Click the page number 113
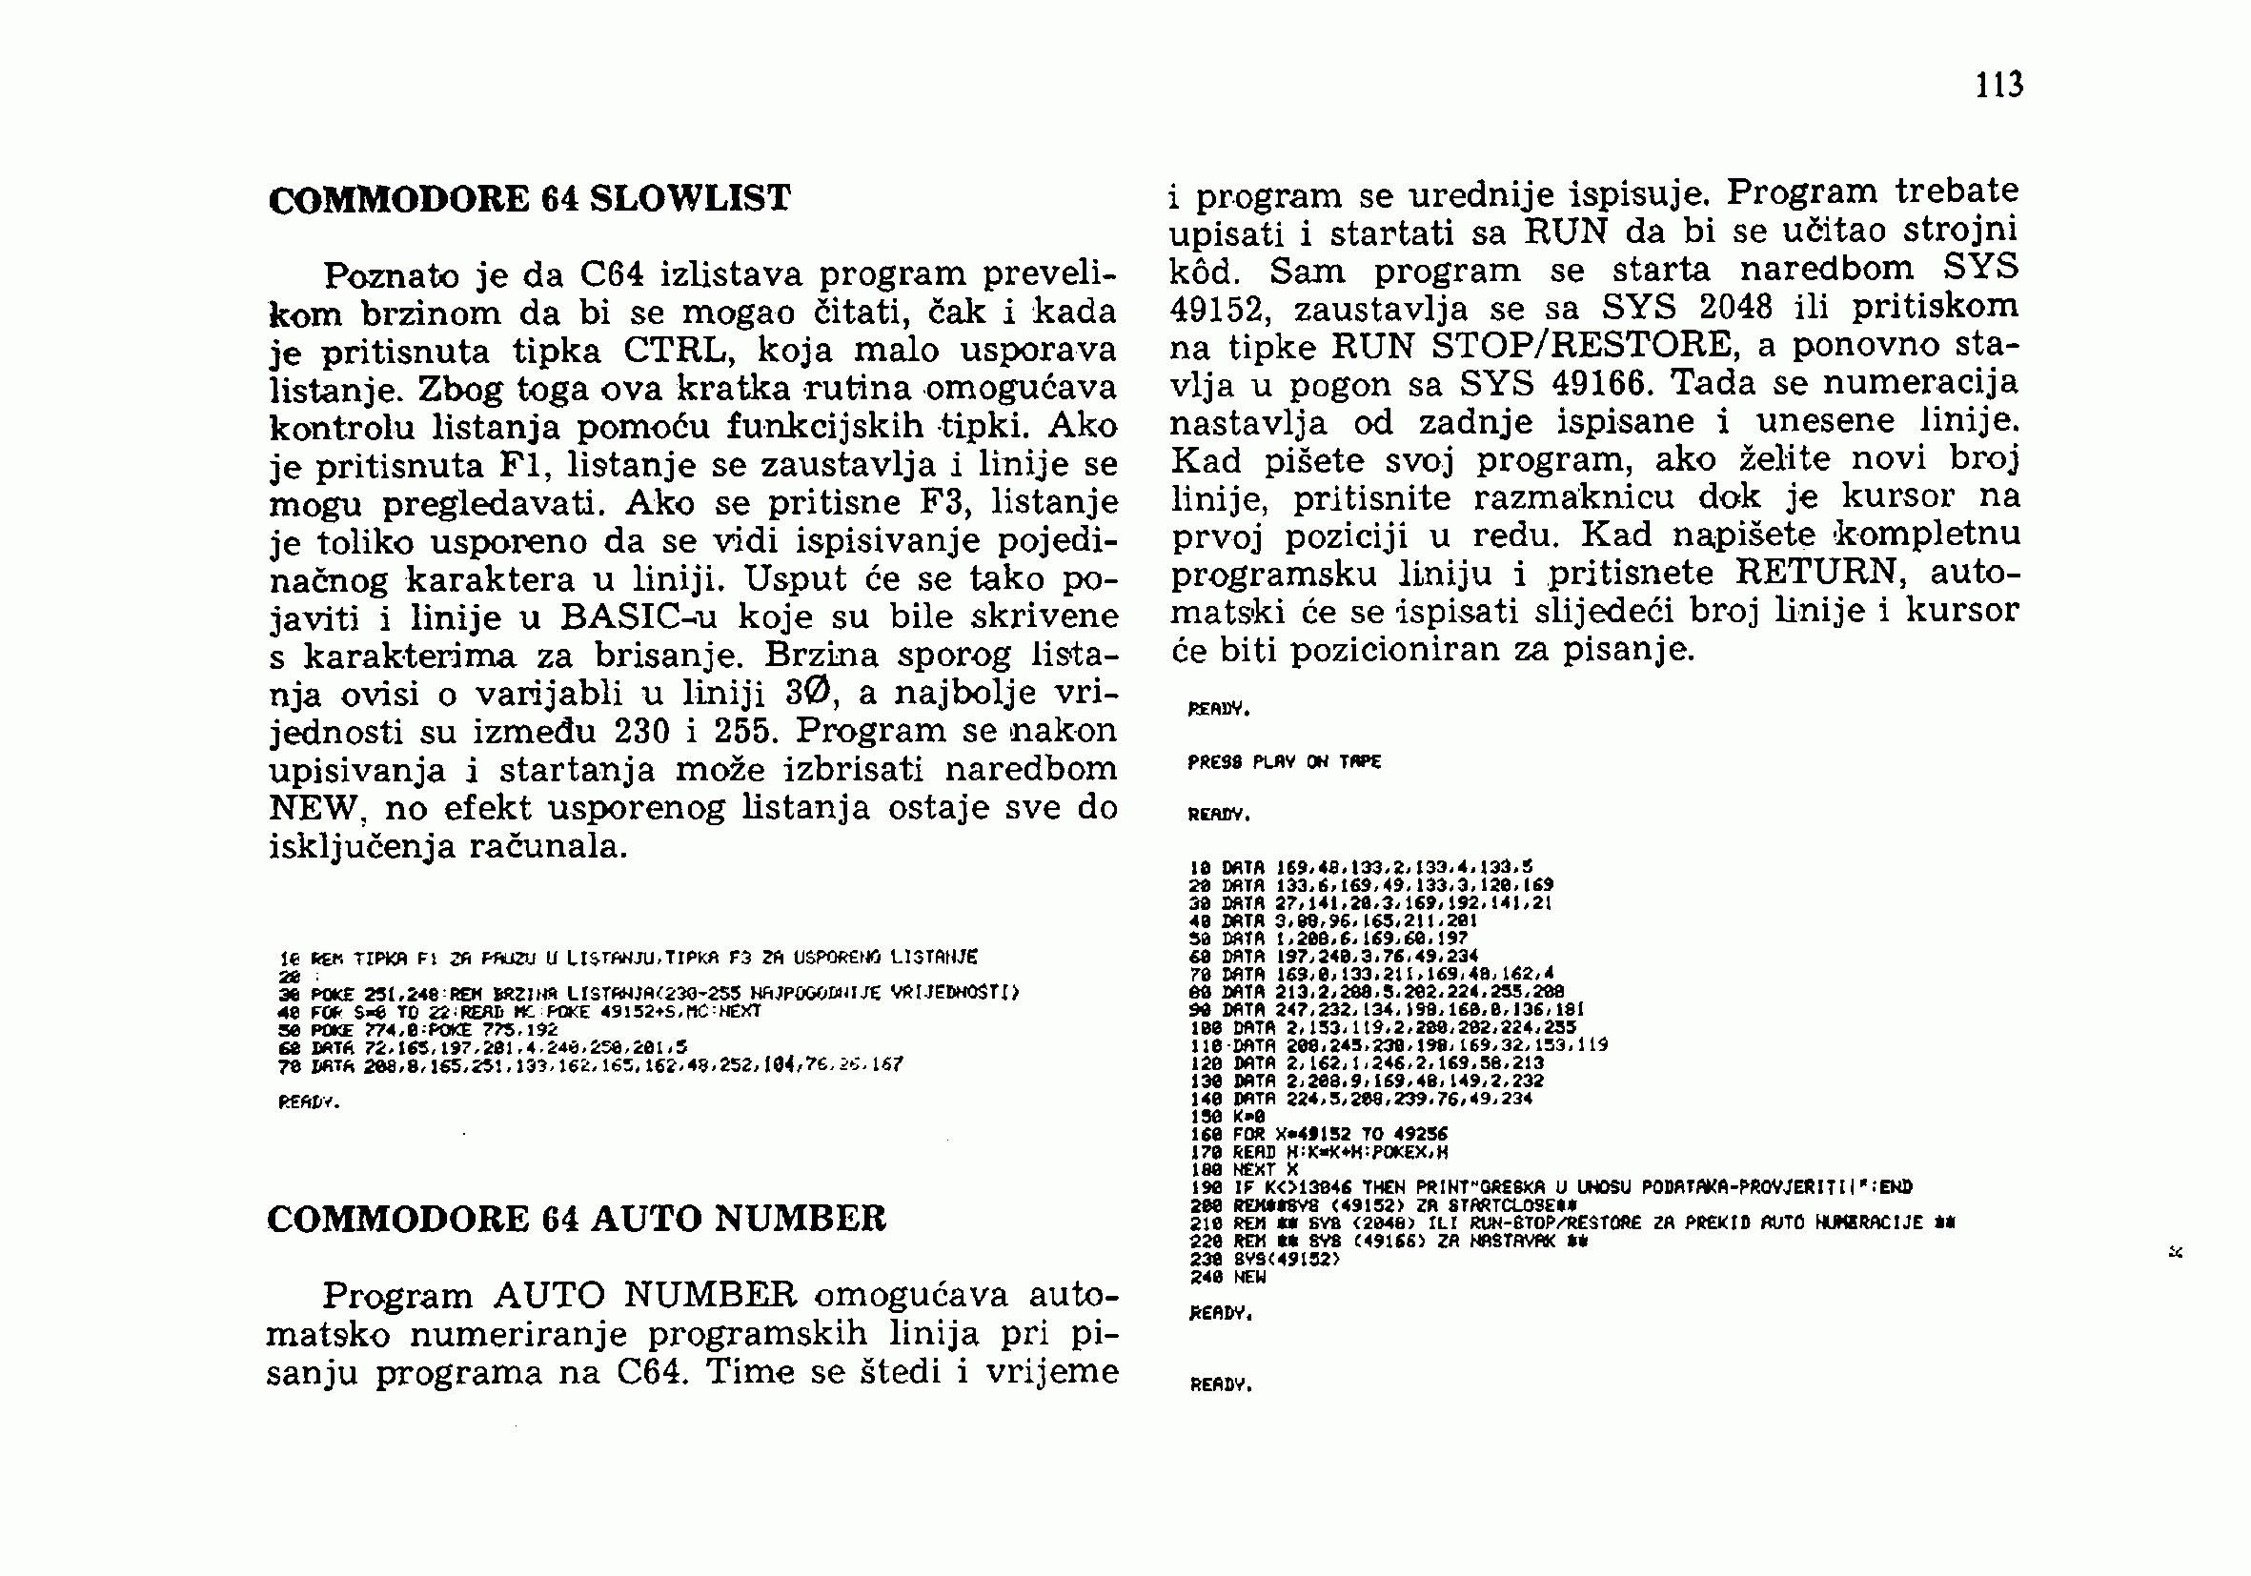[1999, 85]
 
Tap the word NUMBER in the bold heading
[800, 1219]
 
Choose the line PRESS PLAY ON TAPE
[1284, 761]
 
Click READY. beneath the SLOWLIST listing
[309, 1102]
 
